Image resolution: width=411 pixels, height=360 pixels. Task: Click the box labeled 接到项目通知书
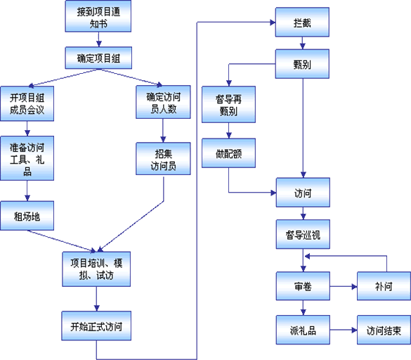[98, 16]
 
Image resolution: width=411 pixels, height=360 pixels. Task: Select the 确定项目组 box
[98, 58]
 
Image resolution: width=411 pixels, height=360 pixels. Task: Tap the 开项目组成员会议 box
[27, 103]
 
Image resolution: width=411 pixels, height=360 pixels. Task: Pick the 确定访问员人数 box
[163, 102]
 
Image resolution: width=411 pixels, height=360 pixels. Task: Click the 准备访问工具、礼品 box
[27, 158]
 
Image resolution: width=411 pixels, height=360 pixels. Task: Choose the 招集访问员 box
[163, 159]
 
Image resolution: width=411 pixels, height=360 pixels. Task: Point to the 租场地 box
[27, 216]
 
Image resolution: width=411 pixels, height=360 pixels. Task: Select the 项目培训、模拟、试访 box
[96, 269]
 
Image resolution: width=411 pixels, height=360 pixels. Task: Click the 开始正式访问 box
[96, 326]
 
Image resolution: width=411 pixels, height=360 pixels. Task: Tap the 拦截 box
[302, 22]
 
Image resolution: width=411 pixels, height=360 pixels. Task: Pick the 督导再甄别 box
[228, 105]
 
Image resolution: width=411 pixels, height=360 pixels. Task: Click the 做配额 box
[228, 153]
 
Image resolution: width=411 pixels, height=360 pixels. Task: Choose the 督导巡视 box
[303, 234]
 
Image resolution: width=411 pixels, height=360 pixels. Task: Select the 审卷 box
[303, 286]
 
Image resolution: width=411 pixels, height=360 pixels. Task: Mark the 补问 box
[384, 286]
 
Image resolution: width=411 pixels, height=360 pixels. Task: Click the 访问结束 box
[384, 330]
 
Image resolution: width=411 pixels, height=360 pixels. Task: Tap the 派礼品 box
[303, 330]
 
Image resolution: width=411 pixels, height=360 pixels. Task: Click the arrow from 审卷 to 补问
[344, 287]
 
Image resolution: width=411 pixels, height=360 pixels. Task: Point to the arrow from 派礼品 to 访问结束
[344, 330]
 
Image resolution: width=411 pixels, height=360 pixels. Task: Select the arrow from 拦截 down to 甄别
[303, 43]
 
